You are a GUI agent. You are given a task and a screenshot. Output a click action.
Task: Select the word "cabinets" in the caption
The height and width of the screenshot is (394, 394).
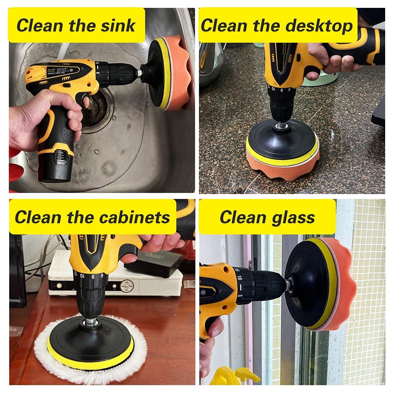click(135, 217)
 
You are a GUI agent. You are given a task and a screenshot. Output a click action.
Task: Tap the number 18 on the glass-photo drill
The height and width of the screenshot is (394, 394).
click(239, 278)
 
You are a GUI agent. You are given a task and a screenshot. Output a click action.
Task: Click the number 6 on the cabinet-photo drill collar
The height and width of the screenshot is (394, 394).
click(102, 276)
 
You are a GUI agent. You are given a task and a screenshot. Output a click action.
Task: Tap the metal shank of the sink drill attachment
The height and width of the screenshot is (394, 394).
click(139, 73)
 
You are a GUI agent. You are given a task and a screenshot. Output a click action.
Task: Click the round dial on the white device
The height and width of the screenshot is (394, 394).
click(127, 286)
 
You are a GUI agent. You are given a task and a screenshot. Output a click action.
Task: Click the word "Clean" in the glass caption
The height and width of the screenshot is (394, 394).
click(243, 217)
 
